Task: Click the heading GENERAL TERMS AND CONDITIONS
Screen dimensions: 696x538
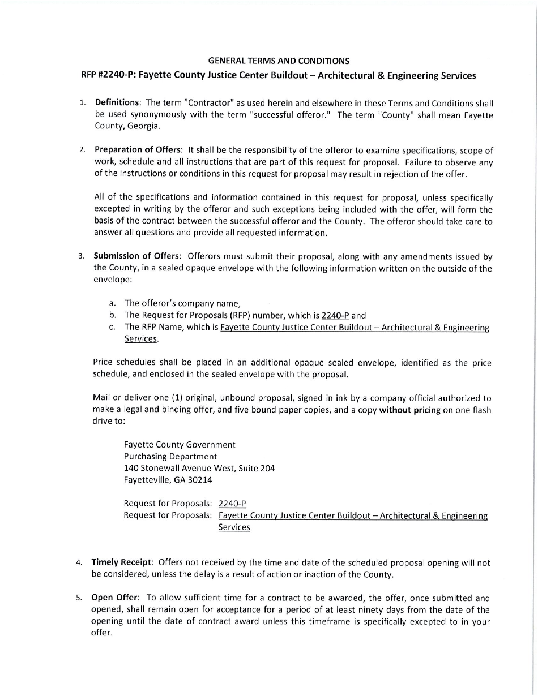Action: click(279, 61)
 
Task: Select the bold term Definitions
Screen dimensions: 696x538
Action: click(117, 103)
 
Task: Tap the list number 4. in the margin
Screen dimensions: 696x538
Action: click(80, 563)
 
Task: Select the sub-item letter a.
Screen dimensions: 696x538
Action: click(113, 303)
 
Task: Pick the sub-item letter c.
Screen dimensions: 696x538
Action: click(113, 327)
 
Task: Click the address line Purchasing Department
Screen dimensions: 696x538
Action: click(170, 456)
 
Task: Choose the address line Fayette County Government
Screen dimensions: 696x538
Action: click(180, 444)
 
